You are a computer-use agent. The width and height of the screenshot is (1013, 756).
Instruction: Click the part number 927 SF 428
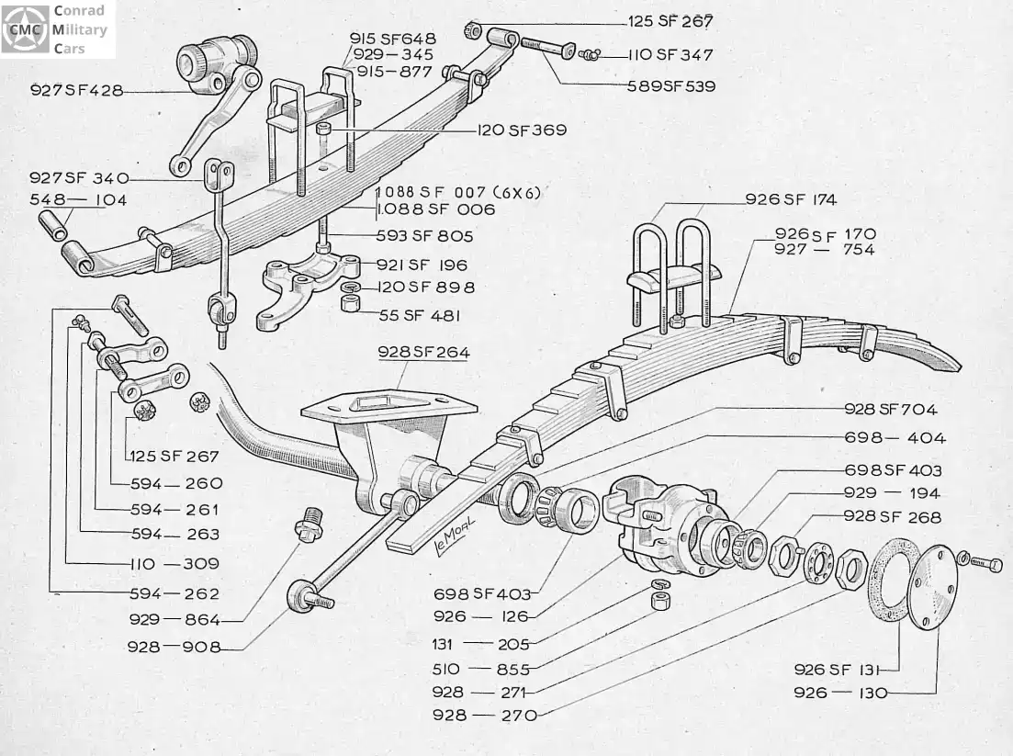click(77, 90)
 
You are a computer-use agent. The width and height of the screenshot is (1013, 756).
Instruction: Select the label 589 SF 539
click(671, 86)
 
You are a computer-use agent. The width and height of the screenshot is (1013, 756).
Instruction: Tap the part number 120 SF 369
click(522, 130)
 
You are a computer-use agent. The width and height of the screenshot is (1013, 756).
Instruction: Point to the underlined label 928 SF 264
click(423, 352)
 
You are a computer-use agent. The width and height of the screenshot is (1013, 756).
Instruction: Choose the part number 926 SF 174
click(791, 199)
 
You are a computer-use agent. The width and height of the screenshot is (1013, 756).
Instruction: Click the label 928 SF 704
click(890, 409)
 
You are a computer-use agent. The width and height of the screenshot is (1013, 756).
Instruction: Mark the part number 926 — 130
click(840, 693)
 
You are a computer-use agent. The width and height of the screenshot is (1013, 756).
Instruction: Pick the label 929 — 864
click(174, 620)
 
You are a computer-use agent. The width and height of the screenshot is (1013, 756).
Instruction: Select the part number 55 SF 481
click(420, 315)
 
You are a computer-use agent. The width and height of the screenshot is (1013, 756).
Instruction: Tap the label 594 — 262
click(174, 593)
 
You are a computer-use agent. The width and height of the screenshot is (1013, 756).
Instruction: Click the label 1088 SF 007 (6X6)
click(458, 192)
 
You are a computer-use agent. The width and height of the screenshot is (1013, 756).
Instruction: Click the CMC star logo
click(25, 29)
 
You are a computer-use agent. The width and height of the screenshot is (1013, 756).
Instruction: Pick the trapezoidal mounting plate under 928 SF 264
click(388, 404)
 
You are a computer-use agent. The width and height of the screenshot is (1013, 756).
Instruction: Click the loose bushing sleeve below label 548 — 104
click(53, 225)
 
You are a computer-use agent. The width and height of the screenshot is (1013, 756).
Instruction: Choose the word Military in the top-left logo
click(80, 29)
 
